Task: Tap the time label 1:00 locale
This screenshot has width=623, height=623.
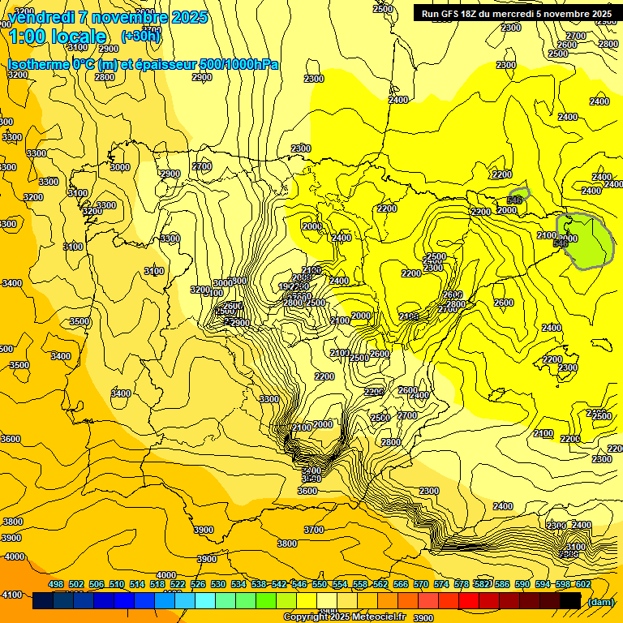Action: pyautogui.click(x=58, y=37)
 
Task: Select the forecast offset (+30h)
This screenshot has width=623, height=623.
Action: pyautogui.click(x=140, y=36)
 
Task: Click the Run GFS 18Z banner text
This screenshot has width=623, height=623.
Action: pyautogui.click(x=513, y=13)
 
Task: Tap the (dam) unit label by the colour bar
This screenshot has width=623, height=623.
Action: pyautogui.click(x=600, y=601)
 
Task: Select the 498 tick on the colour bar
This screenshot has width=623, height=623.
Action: pyautogui.click(x=56, y=584)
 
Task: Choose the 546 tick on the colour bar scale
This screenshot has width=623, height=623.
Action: pyautogui.click(x=299, y=584)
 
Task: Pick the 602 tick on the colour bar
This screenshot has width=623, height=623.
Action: pyautogui.click(x=583, y=584)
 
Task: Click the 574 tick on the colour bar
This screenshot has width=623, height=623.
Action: pyautogui.click(x=441, y=584)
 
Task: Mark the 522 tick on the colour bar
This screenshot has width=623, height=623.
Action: pyautogui.click(x=178, y=584)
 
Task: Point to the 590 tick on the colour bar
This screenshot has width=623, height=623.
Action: pyautogui.click(x=522, y=584)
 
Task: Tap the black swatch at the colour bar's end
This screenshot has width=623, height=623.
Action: pyautogui.click(x=570, y=601)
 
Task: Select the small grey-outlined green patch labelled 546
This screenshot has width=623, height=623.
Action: pyautogui.click(x=518, y=195)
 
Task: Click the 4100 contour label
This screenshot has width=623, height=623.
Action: pyautogui.click(x=11, y=595)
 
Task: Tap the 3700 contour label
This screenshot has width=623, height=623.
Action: pyautogui.click(x=314, y=530)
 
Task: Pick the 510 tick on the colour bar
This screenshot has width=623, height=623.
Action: pyautogui.click(x=117, y=584)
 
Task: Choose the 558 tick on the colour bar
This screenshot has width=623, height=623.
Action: pyautogui.click(x=360, y=584)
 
